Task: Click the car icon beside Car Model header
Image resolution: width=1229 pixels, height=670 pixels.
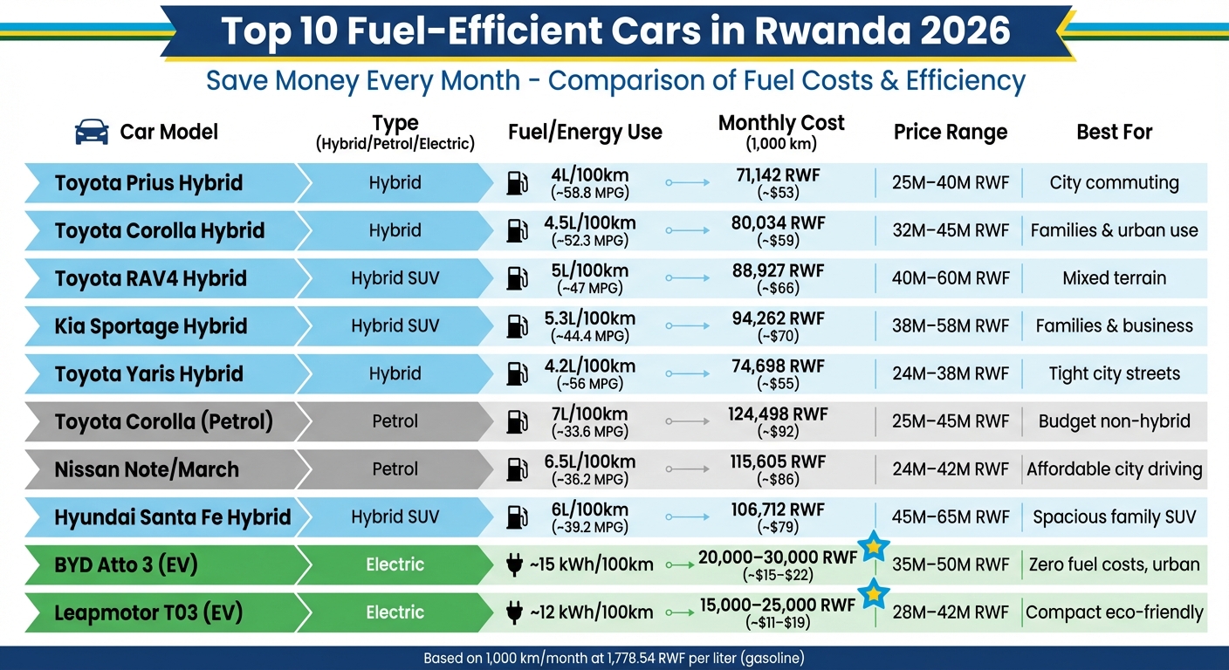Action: tap(92, 132)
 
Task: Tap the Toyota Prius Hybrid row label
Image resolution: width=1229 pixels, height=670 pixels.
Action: tap(148, 183)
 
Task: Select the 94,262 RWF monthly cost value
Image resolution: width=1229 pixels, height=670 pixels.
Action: tap(777, 318)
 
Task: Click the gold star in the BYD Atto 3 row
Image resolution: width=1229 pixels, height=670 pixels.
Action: tap(873, 547)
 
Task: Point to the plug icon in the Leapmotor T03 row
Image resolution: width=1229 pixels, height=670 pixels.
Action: tap(513, 612)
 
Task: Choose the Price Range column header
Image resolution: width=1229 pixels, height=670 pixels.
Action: tap(951, 133)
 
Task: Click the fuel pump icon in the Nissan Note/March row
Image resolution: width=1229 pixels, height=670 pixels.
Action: tap(517, 469)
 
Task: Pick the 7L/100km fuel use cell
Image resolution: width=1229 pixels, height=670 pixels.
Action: tap(589, 414)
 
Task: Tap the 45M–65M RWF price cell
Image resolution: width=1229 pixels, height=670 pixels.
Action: tap(951, 517)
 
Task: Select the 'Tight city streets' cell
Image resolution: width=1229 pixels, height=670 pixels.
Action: tap(1114, 374)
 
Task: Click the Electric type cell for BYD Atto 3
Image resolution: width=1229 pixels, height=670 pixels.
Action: tap(395, 564)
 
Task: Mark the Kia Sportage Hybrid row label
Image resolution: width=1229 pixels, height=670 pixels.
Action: tap(151, 326)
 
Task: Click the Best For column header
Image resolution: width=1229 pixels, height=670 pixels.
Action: tap(1114, 133)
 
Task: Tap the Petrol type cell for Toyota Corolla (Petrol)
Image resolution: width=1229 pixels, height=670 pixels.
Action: tap(395, 421)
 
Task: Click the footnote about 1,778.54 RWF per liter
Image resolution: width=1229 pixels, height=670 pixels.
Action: tap(614, 658)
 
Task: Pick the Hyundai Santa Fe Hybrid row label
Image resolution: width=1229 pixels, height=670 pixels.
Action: tap(172, 517)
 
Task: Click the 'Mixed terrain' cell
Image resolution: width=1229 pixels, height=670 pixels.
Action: tap(1114, 278)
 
